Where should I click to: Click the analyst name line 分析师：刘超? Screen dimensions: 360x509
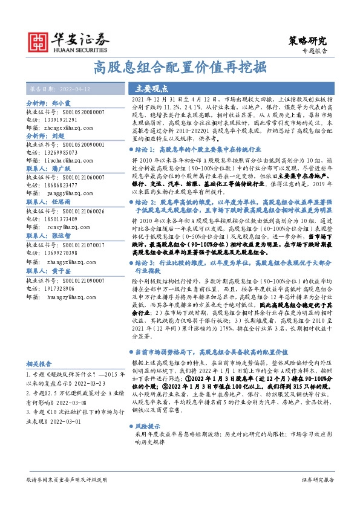coord(45,137)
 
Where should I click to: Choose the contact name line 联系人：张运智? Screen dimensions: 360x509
coord(49,236)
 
